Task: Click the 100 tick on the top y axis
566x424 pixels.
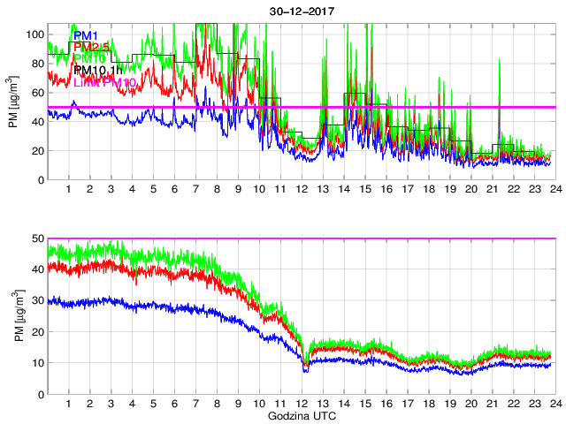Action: (35, 34)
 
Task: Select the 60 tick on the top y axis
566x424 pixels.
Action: (38, 92)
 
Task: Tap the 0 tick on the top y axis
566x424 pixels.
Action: (41, 179)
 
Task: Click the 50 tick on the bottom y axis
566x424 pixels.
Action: (38, 238)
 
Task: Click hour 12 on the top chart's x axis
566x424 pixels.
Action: (301, 189)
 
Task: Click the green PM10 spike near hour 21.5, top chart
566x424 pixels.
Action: (501, 62)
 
